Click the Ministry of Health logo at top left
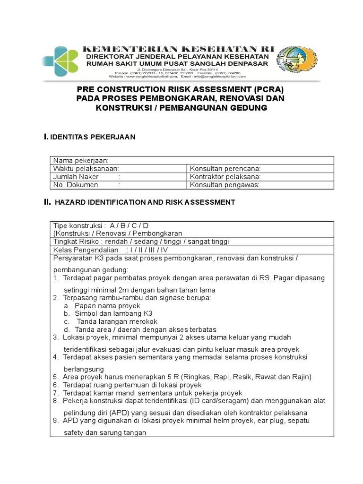click(x=61, y=61)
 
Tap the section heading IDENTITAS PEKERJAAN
click(x=94, y=137)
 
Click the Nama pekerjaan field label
click(x=81, y=160)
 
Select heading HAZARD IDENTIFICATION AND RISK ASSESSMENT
click(x=145, y=202)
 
